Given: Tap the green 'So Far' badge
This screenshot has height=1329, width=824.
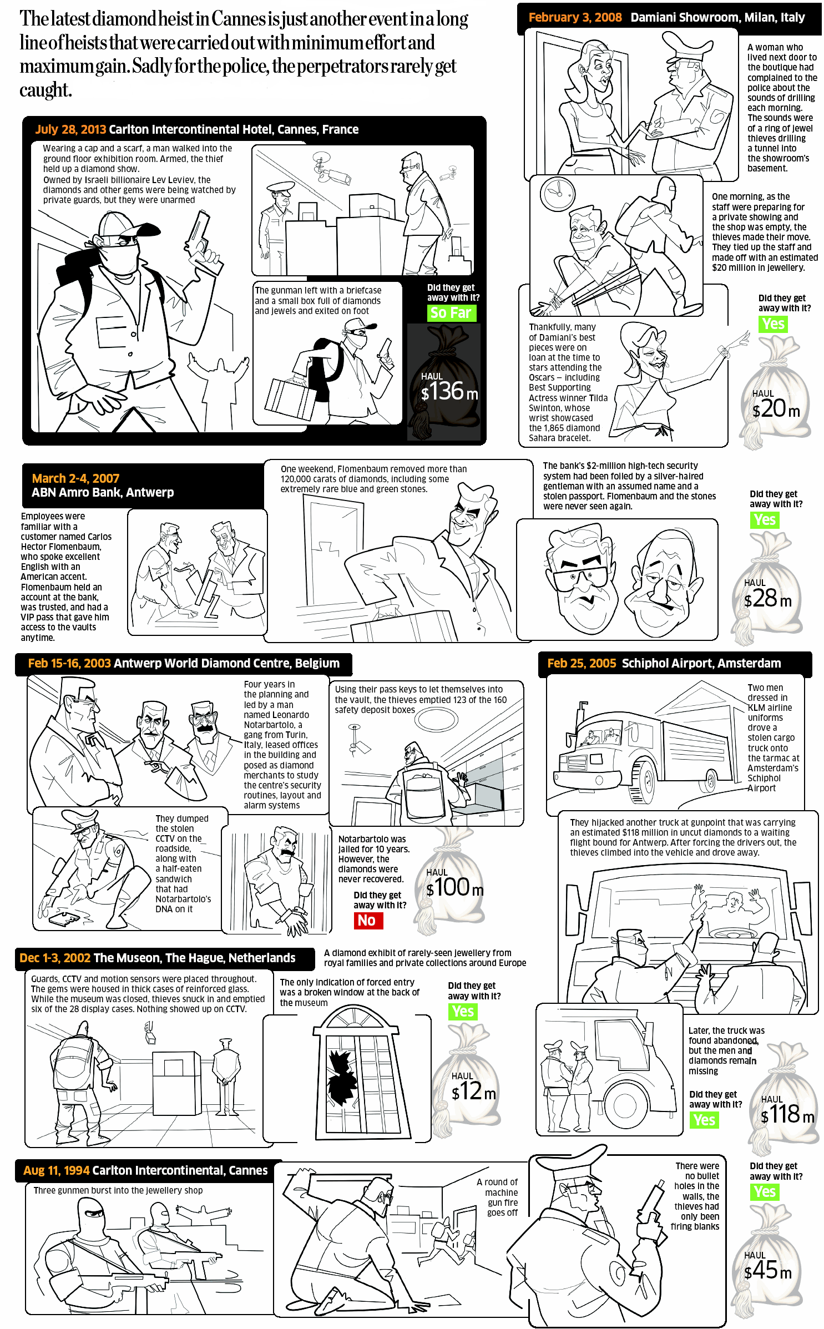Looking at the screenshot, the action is tap(451, 313).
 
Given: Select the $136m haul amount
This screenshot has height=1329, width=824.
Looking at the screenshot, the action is tap(449, 391).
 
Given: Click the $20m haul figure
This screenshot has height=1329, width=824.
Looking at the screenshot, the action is tap(776, 409).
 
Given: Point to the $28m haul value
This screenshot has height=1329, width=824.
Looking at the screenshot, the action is tap(767, 598).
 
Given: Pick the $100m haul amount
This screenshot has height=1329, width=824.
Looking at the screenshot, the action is tap(454, 887).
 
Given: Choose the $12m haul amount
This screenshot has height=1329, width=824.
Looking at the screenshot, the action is tap(473, 1092).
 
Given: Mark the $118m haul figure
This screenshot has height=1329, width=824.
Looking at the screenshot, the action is tap(787, 1114).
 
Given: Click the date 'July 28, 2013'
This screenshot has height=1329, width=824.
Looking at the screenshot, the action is tap(70, 129).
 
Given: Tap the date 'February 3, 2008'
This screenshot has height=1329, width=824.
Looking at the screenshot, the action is tap(575, 17).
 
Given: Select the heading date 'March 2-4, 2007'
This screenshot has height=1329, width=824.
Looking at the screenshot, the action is tap(75, 478).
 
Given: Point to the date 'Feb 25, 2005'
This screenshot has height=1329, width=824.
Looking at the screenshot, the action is tap(582, 663).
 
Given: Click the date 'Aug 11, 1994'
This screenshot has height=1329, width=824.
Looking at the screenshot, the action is tap(57, 1170).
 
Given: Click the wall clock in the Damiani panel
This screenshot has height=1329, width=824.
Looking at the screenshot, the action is tap(557, 194).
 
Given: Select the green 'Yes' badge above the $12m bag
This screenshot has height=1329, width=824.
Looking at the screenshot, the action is tap(463, 1011).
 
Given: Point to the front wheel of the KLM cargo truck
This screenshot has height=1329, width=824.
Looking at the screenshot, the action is tap(645, 780).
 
